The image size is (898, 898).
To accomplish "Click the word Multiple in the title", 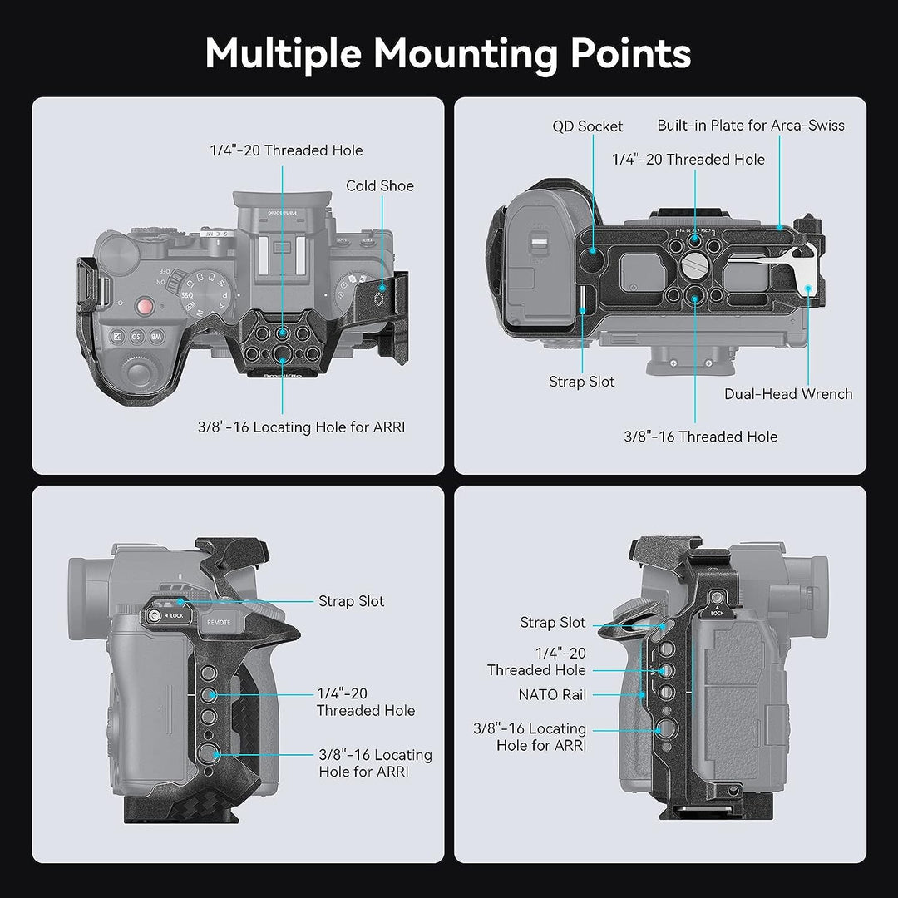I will tap(283, 53).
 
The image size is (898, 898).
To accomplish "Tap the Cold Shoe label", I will tap(380, 185).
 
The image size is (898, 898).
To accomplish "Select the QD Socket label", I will tap(588, 126).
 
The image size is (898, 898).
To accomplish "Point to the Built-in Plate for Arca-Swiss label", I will tap(750, 126).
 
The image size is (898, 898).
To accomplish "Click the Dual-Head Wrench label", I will tap(788, 394).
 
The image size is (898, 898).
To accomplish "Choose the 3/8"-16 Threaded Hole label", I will tap(701, 437).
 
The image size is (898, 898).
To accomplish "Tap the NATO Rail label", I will tap(553, 693).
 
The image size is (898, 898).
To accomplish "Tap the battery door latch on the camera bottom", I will tap(538, 249).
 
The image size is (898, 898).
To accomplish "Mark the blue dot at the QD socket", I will tap(594, 249).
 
